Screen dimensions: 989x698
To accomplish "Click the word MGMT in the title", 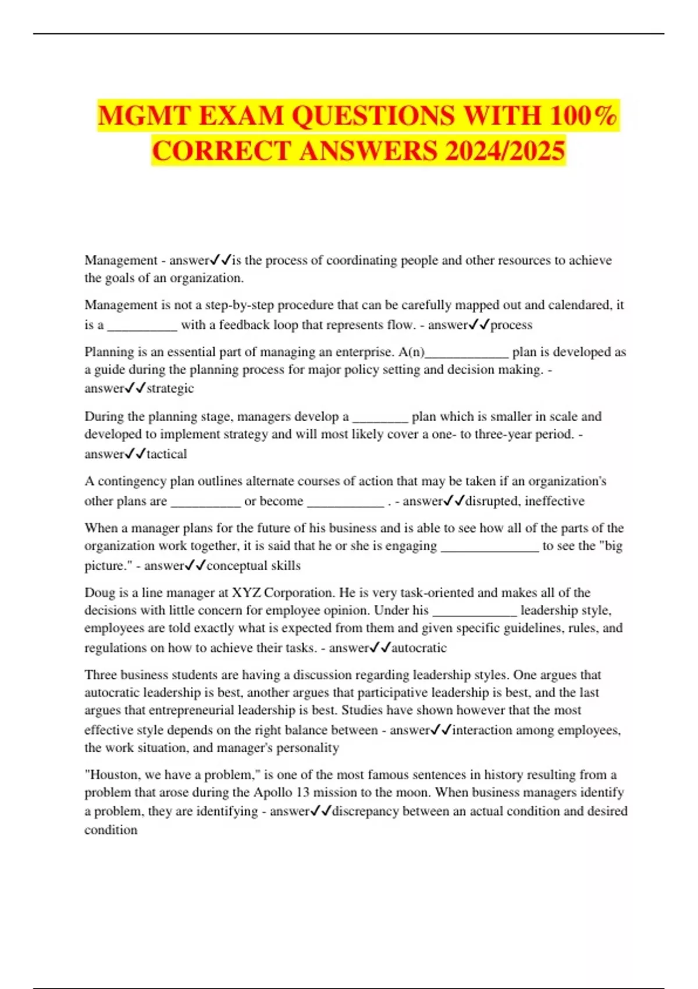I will (143, 115).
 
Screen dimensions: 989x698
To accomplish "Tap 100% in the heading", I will (583, 115).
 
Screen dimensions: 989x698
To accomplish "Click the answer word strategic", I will (170, 389).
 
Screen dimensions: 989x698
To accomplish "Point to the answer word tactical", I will (166, 454).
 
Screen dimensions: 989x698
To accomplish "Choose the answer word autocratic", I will (419, 648).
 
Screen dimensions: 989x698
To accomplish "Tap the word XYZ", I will (247, 593).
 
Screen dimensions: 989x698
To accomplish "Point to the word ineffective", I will (554, 501).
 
